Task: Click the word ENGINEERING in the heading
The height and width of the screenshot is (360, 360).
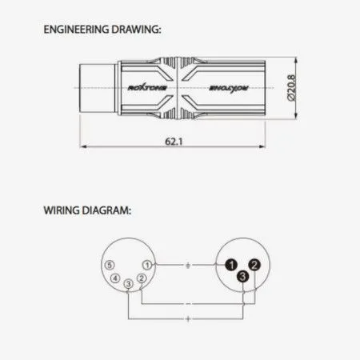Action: [x=76, y=30]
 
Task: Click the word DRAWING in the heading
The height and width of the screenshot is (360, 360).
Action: [x=136, y=30]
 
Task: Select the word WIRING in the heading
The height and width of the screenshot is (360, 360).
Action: [x=62, y=210]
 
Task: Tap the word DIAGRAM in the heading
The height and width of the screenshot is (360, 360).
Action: [x=106, y=210]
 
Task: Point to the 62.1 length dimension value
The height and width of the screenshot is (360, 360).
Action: [x=174, y=142]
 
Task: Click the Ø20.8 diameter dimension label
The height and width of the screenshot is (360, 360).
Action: [x=291, y=88]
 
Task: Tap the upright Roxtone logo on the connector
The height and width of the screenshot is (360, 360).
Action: [x=147, y=88]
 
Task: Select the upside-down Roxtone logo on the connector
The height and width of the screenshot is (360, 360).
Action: [x=229, y=88]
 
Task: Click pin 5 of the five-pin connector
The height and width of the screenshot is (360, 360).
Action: [x=110, y=265]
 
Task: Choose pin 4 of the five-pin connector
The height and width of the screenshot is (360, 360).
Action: [x=115, y=278]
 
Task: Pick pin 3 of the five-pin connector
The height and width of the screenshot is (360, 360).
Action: [x=129, y=283]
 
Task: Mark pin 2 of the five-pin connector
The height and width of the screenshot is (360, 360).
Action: [x=142, y=278]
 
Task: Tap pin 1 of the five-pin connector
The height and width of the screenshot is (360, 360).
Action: [x=147, y=265]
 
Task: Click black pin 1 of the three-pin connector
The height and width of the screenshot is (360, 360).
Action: [x=231, y=265]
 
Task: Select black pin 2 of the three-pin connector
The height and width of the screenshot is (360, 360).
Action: [x=254, y=265]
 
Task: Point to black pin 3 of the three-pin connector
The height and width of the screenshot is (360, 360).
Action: [x=242, y=276]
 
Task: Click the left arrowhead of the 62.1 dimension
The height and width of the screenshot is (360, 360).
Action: [x=83, y=146]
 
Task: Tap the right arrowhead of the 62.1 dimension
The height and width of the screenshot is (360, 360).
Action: [x=262, y=146]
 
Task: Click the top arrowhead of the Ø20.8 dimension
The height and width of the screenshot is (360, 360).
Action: [x=295, y=61]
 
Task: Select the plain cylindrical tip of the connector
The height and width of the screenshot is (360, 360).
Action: [x=97, y=88]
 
